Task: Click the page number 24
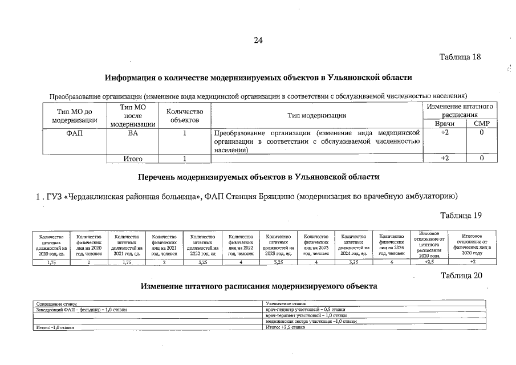[x=258, y=40]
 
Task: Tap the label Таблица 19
[x=462, y=215]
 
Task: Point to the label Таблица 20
[x=462, y=276]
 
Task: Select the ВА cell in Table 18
[x=133, y=133]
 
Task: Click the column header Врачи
[x=445, y=124]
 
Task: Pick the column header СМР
[x=482, y=124]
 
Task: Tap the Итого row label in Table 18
[x=133, y=159]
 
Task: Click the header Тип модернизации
[x=317, y=116]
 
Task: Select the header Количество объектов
[x=184, y=116]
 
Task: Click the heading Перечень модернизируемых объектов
[x=258, y=177]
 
